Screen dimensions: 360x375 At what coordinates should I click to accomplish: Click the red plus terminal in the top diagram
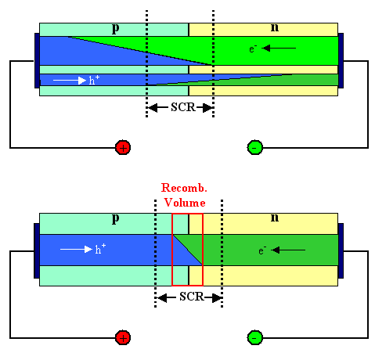(122, 147)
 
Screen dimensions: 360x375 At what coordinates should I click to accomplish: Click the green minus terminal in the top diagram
(255, 147)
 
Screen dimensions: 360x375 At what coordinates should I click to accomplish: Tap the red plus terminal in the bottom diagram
(122, 338)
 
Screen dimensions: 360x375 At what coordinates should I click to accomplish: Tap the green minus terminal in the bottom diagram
(255, 338)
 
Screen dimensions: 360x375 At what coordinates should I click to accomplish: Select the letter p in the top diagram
(115, 28)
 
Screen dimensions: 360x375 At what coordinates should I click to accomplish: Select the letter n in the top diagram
(274, 27)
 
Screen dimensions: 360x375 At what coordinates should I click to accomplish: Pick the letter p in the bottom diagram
(115, 218)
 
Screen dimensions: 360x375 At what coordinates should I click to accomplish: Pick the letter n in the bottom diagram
(274, 218)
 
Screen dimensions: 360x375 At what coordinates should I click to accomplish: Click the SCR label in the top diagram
(180, 107)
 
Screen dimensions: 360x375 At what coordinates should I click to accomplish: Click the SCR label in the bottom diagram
(189, 297)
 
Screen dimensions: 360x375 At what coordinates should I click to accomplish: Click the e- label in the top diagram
(253, 49)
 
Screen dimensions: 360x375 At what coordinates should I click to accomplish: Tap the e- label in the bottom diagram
(263, 250)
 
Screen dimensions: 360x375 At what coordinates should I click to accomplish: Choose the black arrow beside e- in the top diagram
(279, 49)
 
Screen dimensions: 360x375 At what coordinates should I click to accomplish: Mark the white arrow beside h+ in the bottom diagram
(75, 250)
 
